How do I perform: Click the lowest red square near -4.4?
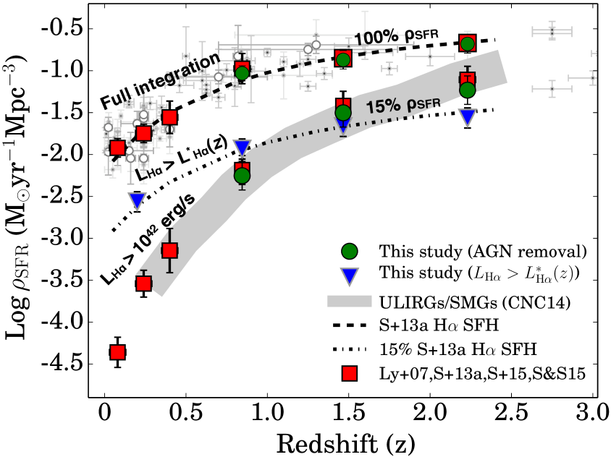coord(117,351)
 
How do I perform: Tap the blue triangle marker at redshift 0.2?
coord(137,200)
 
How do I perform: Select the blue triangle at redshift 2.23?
coord(468,116)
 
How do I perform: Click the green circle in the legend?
coord(350,252)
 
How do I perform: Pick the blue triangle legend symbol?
coord(350,274)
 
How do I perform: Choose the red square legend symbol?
coord(350,373)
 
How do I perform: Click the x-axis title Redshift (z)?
coord(348,440)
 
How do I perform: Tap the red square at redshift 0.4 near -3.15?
coord(170,250)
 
